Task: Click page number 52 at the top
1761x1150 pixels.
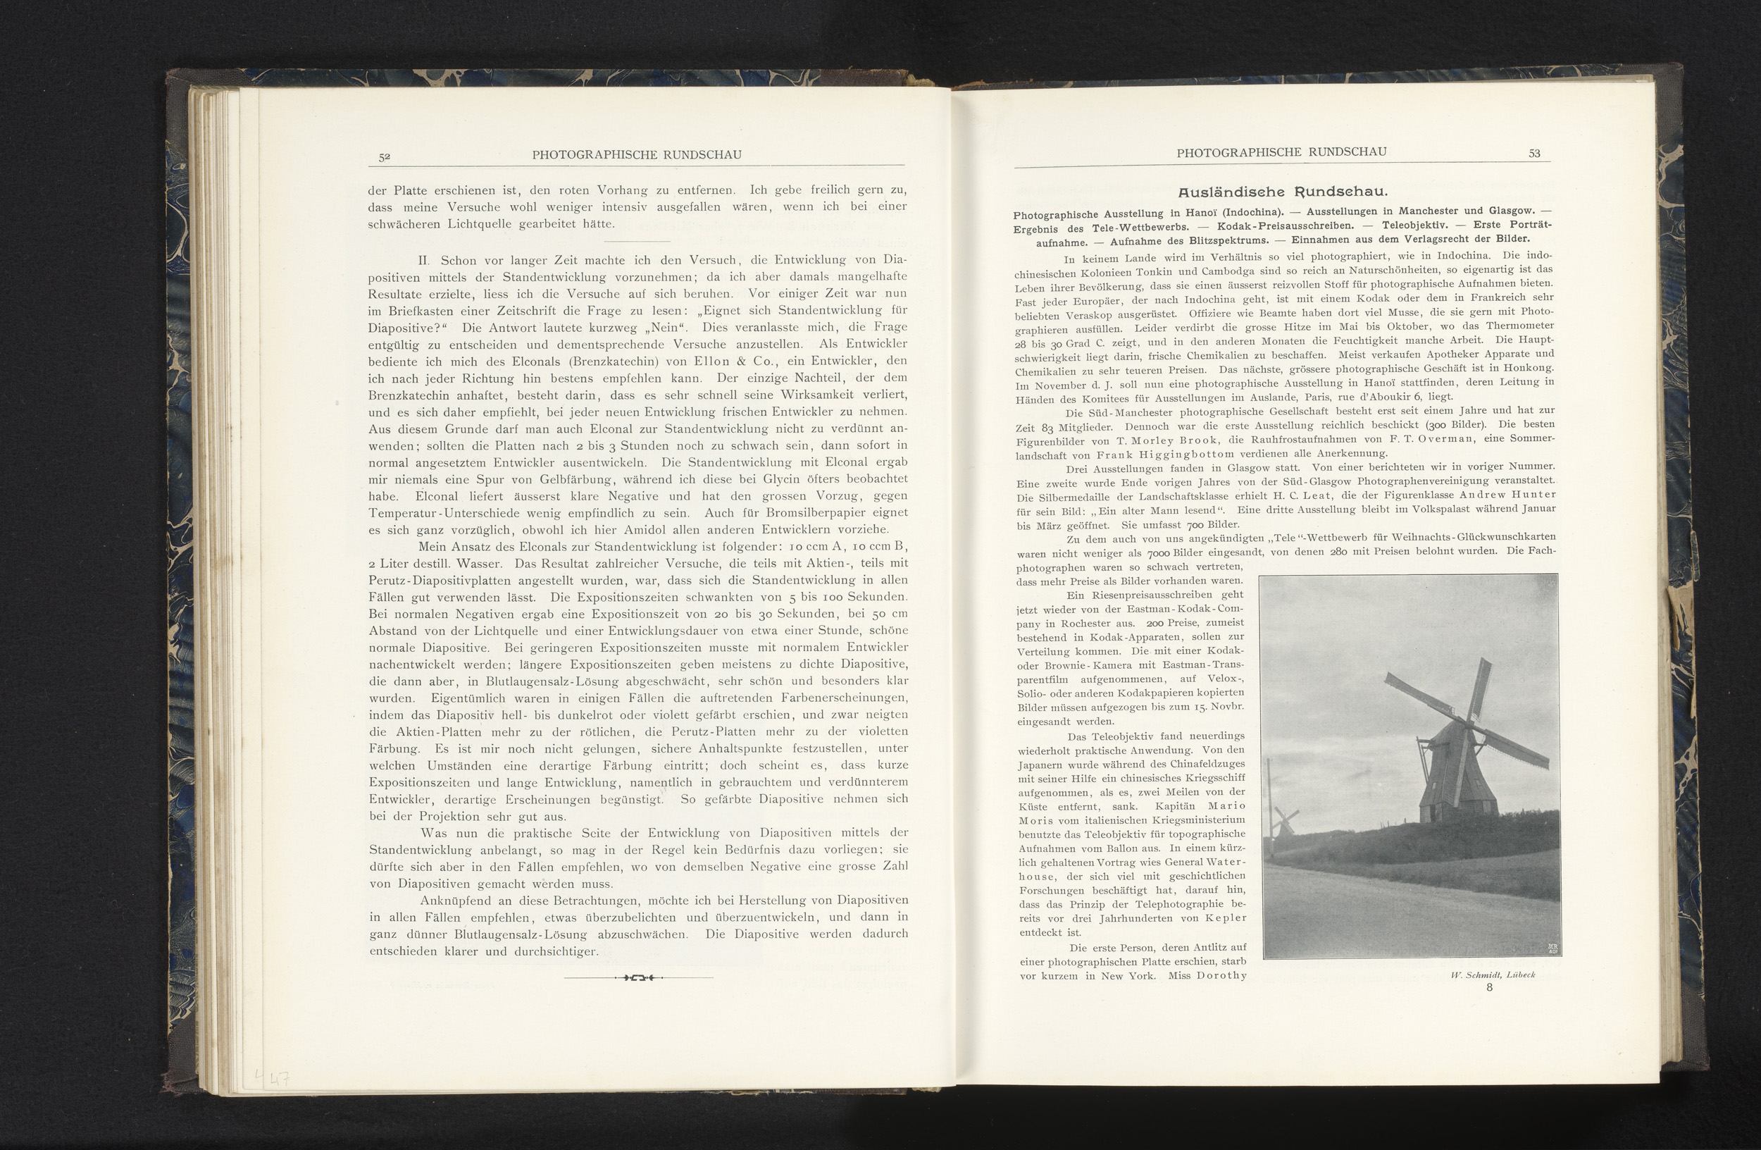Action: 384,156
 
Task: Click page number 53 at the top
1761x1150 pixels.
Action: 1534,153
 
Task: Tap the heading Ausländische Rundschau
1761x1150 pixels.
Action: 1282,192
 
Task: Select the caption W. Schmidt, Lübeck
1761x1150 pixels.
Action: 1493,975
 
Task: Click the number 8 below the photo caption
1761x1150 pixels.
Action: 1488,987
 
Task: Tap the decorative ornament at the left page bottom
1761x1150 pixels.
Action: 637,978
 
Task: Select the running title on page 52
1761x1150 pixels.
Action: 636,154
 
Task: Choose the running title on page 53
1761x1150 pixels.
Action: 1281,152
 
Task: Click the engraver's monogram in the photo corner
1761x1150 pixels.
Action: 1552,948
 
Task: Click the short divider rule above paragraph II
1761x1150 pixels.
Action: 636,241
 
